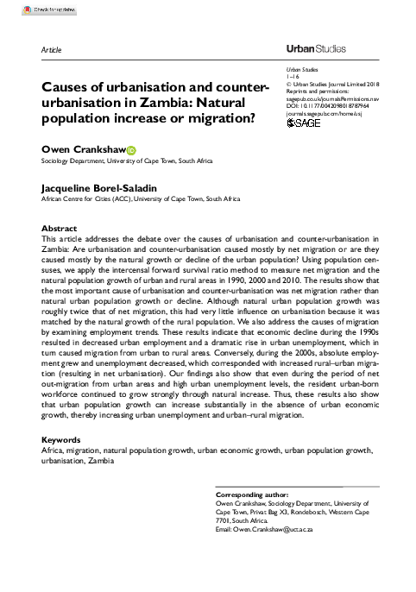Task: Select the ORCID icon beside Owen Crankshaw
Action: [132, 148]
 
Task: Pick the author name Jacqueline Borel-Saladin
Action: [102, 186]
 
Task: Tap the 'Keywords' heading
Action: [63, 439]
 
